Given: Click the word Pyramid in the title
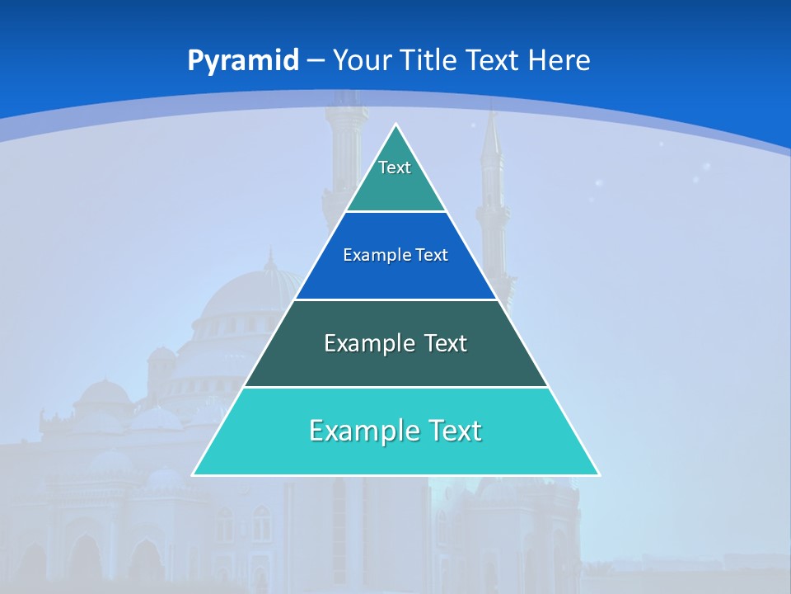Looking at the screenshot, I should pos(242,61).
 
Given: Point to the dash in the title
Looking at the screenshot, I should pos(316,61).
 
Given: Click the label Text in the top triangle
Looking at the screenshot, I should pos(395,167).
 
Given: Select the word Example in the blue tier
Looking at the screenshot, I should pos(372,255).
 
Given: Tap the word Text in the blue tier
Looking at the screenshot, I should pos(432,255).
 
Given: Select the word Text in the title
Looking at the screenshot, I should pos(491,60).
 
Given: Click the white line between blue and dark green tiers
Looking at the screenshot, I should pos(395,299).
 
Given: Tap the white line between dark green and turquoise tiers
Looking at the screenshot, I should pos(395,387).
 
